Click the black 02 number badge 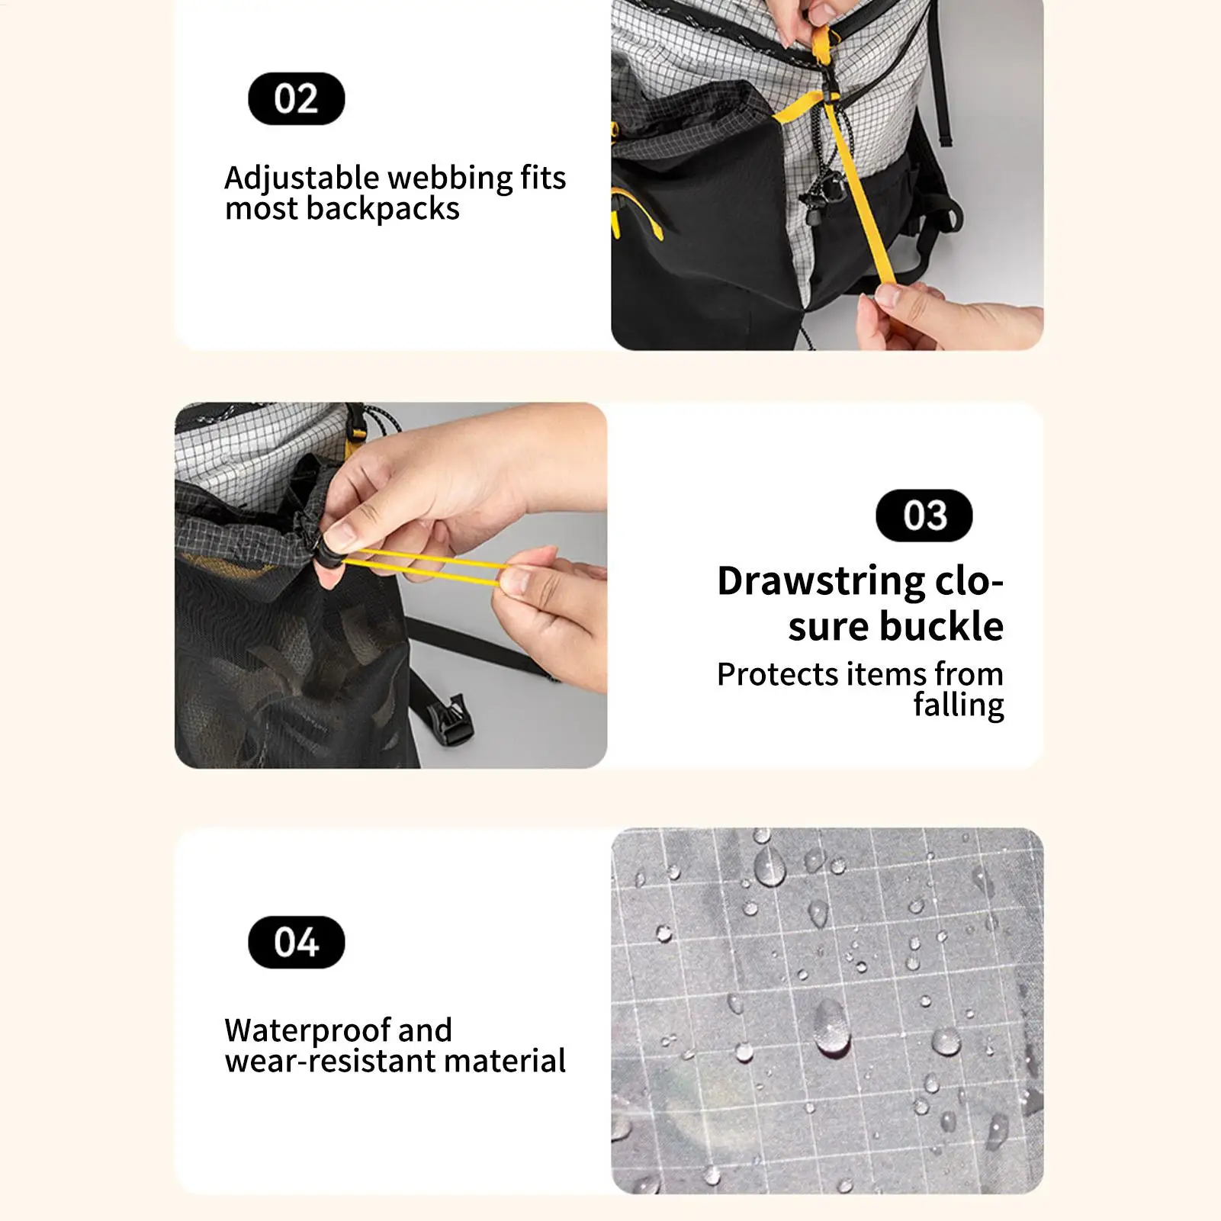click(296, 98)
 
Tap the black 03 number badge click(924, 516)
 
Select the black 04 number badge click(296, 942)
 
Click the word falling click(958, 705)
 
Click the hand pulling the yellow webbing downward click(946, 316)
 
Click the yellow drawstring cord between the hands click(427, 565)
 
